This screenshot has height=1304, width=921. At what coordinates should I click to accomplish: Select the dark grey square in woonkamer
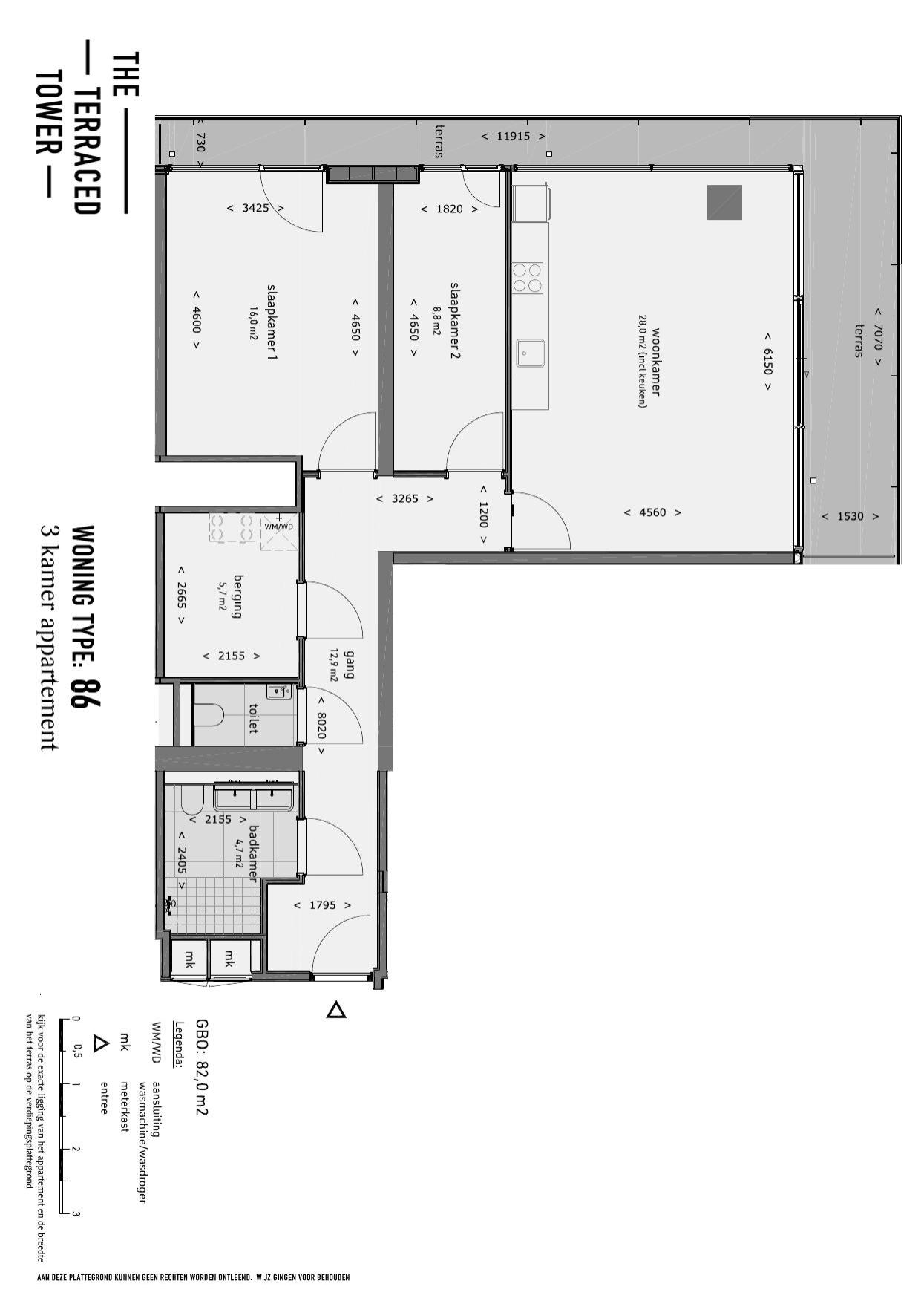724,202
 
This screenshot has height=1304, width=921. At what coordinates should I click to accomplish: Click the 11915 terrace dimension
512,137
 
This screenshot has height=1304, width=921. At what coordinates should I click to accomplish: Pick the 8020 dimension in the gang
321,725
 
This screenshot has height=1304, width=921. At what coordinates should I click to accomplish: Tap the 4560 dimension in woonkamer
652,512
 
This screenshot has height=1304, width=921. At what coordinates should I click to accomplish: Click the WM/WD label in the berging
279,527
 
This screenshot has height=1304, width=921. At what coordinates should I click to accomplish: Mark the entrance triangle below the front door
336,1009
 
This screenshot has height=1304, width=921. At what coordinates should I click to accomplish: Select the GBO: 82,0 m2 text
201,1067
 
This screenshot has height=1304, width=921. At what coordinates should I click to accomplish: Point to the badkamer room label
253,853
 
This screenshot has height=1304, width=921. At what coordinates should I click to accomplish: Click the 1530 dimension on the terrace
850,516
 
